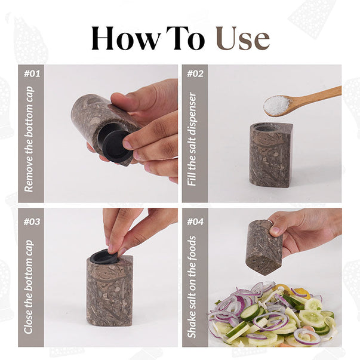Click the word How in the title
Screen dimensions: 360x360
point(125,38)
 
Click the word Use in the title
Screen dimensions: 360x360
point(243,38)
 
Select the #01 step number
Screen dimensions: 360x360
point(32,73)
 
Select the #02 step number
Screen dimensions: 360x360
point(195,73)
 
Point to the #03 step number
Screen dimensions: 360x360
point(32,221)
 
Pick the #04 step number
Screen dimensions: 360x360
point(195,221)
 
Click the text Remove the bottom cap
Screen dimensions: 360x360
point(29,139)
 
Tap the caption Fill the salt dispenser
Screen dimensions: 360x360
point(192,139)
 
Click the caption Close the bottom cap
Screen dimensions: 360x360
point(29,287)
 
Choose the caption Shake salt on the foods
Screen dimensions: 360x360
point(192,287)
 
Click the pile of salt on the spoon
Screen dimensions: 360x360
point(276,104)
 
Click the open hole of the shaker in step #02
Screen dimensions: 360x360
point(264,127)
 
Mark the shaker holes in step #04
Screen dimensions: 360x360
point(259,262)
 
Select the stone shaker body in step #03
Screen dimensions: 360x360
point(110,291)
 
